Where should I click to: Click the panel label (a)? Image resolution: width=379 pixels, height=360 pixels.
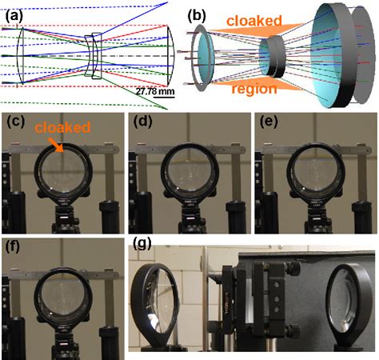[14, 17]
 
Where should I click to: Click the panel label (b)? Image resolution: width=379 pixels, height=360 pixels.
[197, 17]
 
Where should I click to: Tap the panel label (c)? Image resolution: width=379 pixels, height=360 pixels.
[16, 122]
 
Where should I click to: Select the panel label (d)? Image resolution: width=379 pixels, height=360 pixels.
[143, 122]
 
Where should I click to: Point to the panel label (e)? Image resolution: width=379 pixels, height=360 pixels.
[269, 122]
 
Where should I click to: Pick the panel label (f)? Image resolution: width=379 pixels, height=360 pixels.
[14, 247]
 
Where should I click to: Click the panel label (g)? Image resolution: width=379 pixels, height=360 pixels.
[142, 244]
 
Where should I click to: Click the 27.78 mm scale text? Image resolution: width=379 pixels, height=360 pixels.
[155, 91]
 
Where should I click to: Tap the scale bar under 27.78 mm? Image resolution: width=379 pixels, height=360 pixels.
[164, 97]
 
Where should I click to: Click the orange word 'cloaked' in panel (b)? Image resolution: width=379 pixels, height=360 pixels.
[254, 21]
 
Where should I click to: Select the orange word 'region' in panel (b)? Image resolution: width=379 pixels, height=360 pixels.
[254, 89]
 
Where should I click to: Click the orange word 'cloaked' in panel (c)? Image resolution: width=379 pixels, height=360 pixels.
[62, 127]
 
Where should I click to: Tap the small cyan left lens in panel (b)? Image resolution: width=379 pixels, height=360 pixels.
[205, 58]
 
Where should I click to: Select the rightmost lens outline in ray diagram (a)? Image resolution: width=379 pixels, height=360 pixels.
[171, 55]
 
